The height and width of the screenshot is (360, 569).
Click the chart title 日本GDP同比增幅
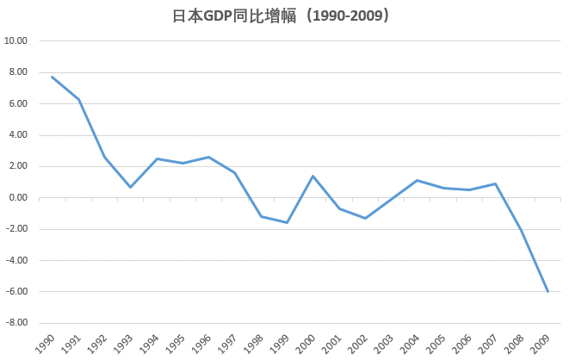[284, 16]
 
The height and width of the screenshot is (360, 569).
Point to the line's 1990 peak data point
[53, 77]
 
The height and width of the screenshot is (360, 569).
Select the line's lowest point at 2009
[547, 292]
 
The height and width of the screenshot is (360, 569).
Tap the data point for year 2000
[313, 176]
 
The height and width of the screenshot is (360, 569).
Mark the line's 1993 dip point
[131, 187]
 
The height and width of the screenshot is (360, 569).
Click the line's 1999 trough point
[287, 223]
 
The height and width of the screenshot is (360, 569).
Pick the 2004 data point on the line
[417, 180]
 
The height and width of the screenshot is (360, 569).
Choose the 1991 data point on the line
[78, 99]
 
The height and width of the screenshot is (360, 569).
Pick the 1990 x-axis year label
[47, 343]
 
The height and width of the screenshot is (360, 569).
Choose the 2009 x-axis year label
[542, 343]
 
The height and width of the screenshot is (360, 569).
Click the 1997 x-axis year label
[230, 343]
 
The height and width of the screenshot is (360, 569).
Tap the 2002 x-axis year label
[360, 343]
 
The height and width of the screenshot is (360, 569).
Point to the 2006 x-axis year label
[464, 343]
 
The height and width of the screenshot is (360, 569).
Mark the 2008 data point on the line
[522, 230]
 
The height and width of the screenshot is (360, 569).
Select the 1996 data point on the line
[209, 157]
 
